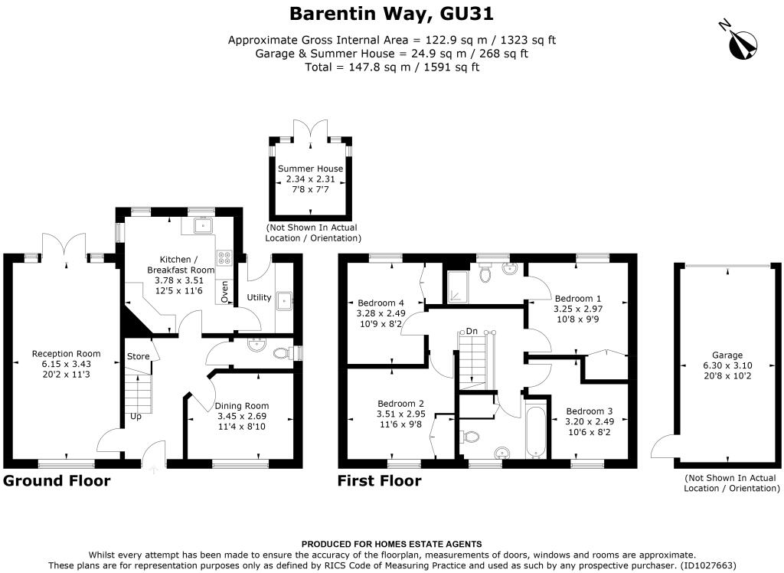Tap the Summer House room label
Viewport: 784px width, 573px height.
(x=311, y=169)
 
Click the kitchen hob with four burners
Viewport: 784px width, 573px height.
(x=224, y=257)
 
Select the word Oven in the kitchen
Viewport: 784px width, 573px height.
(x=224, y=292)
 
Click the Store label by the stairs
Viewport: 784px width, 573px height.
(x=138, y=356)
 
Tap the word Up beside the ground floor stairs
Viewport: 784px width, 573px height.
(x=136, y=417)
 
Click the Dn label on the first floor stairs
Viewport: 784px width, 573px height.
(x=472, y=331)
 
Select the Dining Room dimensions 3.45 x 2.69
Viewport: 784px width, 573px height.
(x=241, y=416)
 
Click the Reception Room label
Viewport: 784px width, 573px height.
(x=66, y=353)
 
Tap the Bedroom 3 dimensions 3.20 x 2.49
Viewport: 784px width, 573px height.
(x=589, y=421)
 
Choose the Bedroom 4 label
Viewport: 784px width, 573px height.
(x=381, y=303)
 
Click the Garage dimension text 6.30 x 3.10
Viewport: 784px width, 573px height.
(x=727, y=365)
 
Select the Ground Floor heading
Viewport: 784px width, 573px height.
(x=57, y=481)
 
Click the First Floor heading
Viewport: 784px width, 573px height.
(x=379, y=481)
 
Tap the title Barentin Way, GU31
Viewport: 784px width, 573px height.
(x=391, y=14)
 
